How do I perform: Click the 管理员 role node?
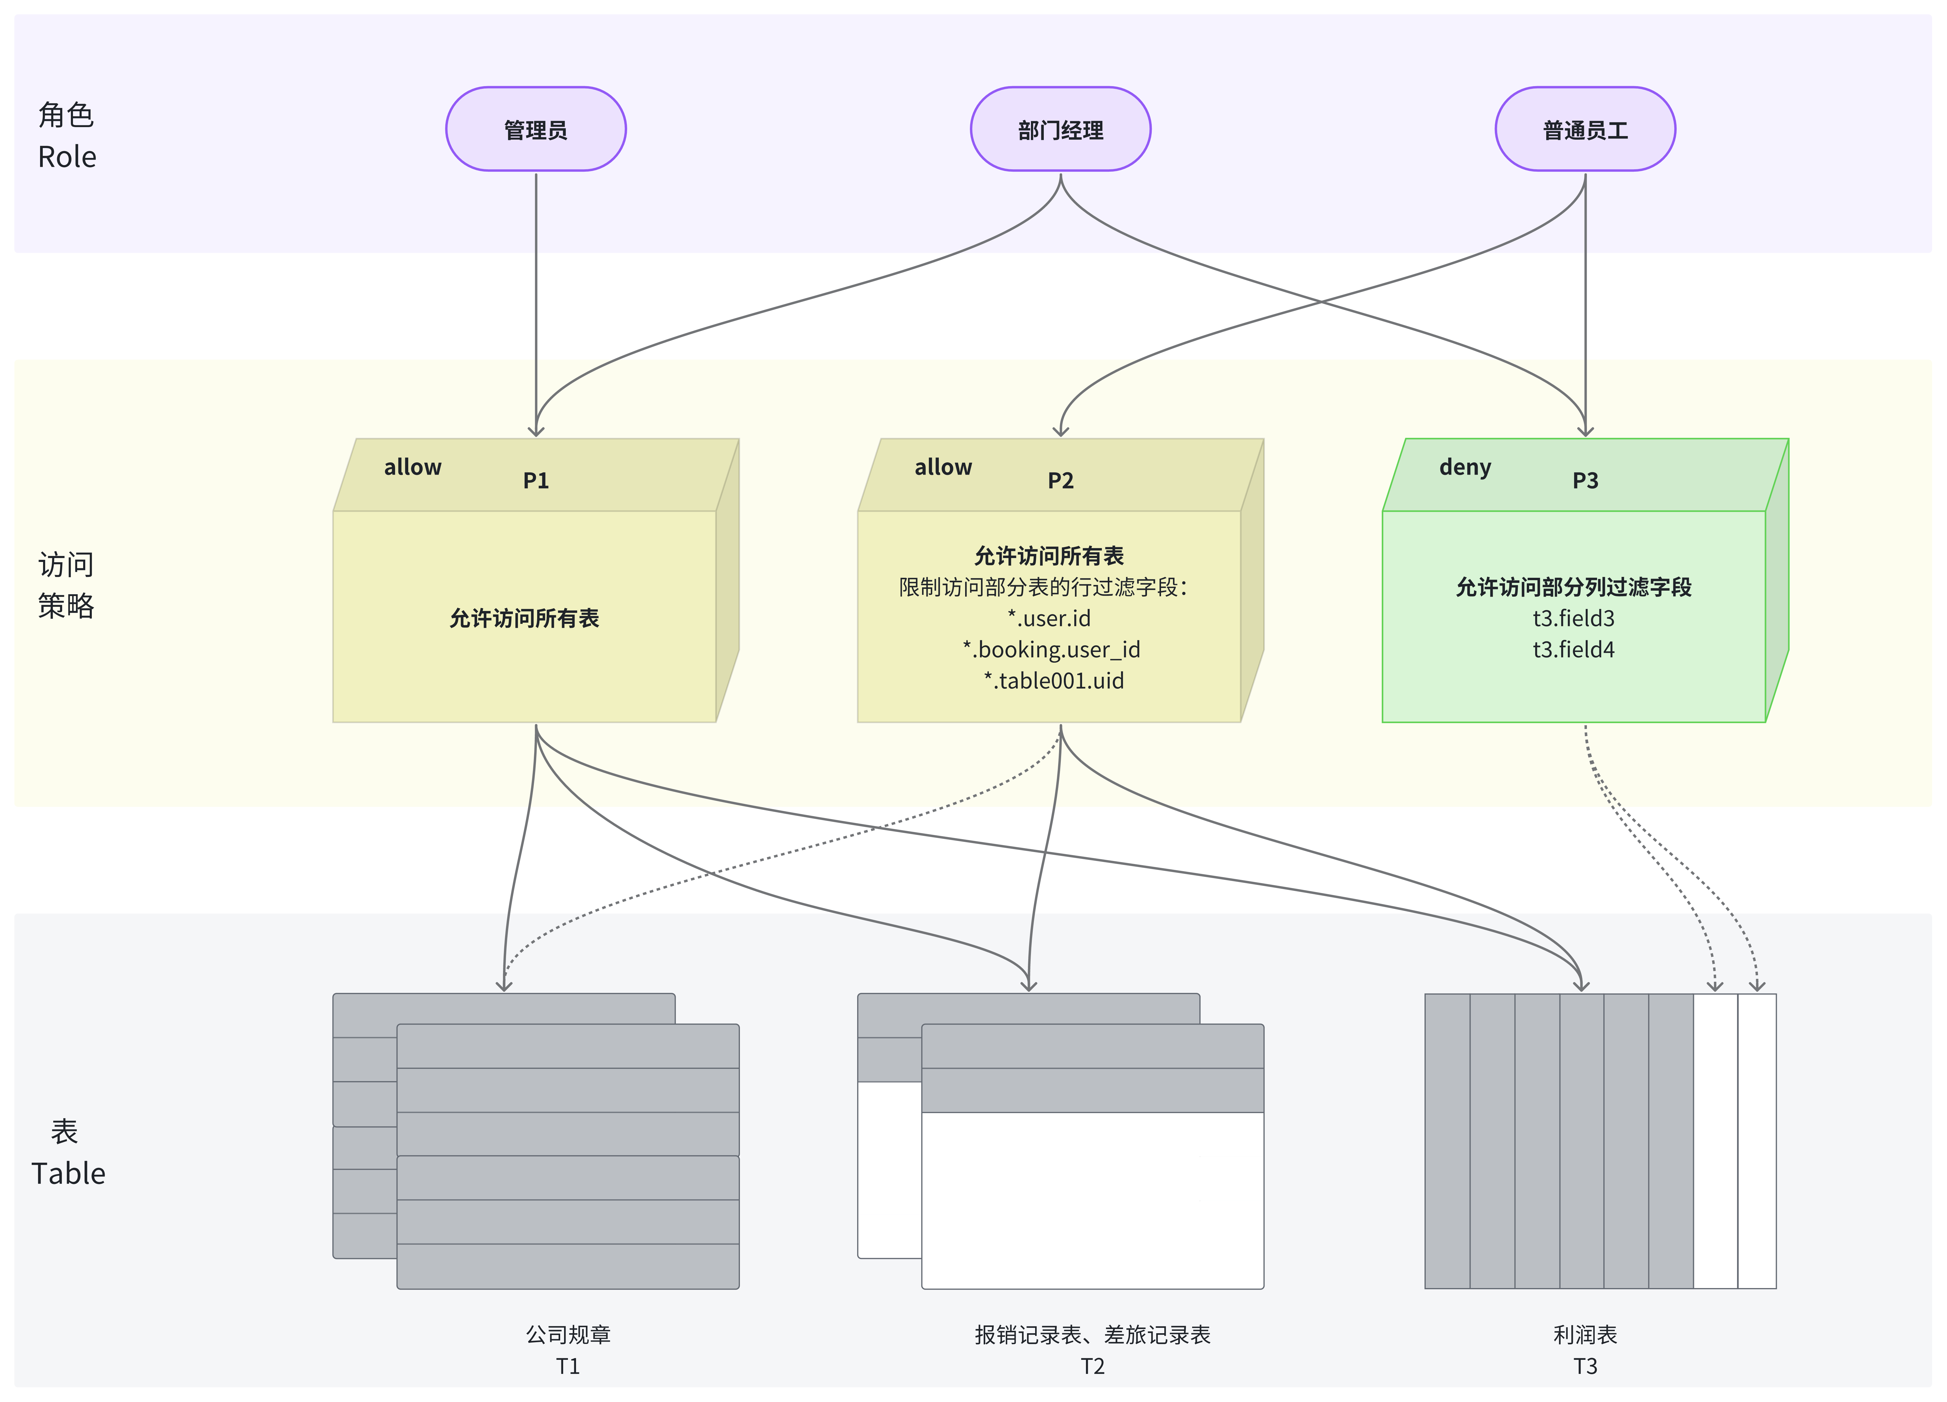[536, 129]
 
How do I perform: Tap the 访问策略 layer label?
[66, 585]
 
